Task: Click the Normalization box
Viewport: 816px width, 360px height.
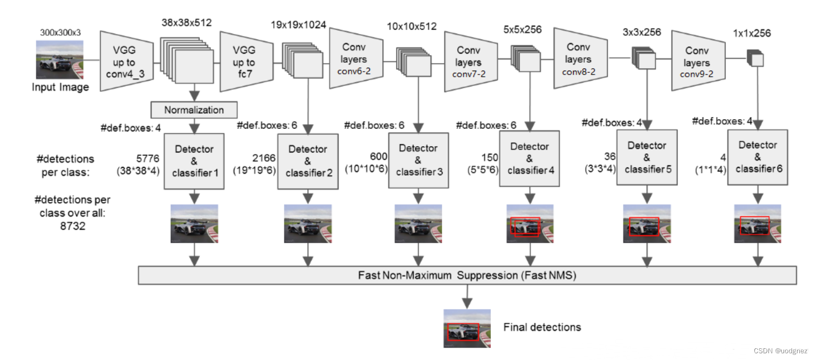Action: [x=194, y=110]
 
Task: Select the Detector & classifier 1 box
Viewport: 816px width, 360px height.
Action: [x=194, y=161]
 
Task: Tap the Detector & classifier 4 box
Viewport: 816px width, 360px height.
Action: [x=529, y=158]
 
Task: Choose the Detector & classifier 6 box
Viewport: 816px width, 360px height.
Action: [x=758, y=156]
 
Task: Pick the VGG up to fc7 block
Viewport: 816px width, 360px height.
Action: [x=244, y=62]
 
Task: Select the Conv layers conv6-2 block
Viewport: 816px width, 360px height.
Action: [x=355, y=59]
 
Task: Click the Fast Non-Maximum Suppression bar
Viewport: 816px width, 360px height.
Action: [x=467, y=275]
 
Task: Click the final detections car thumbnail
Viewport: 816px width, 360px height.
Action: [x=467, y=329]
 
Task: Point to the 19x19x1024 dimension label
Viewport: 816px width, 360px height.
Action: [x=298, y=25]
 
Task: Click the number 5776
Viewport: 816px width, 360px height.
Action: [x=148, y=158]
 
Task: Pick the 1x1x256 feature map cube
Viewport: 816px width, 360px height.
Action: [x=755, y=58]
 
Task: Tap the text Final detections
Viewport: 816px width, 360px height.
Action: [x=542, y=328]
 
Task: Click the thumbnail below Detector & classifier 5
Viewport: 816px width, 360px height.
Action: [x=646, y=223]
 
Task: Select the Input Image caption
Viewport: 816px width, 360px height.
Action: [x=60, y=87]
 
